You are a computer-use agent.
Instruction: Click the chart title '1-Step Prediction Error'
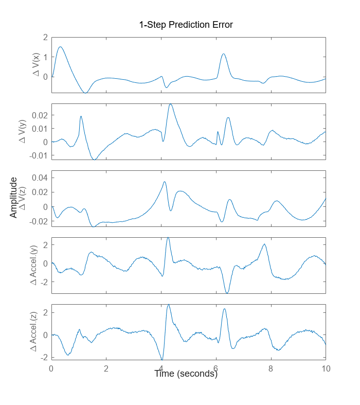[x=186, y=25]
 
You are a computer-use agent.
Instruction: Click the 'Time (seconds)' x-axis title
[x=186, y=374]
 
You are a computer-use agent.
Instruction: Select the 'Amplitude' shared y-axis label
[x=13, y=198]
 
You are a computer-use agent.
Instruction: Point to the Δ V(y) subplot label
[x=22, y=131]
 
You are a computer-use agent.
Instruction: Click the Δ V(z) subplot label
[x=22, y=198]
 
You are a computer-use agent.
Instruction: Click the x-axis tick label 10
[x=326, y=368]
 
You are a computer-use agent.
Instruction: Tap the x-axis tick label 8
[x=271, y=368]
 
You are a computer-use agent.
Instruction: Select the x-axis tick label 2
[x=106, y=368]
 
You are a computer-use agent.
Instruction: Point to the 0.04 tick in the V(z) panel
[x=40, y=178]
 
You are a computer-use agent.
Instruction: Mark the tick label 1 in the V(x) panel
[x=45, y=57]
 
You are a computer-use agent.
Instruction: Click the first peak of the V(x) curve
[x=61, y=47]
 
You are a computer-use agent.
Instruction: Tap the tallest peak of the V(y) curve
[x=170, y=104]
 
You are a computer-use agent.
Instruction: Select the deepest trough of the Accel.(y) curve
[x=227, y=293]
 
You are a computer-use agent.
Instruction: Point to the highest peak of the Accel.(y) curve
[x=168, y=238]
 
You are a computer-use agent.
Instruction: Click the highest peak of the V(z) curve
[x=165, y=182]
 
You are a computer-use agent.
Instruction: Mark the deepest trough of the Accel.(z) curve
[x=162, y=360]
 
